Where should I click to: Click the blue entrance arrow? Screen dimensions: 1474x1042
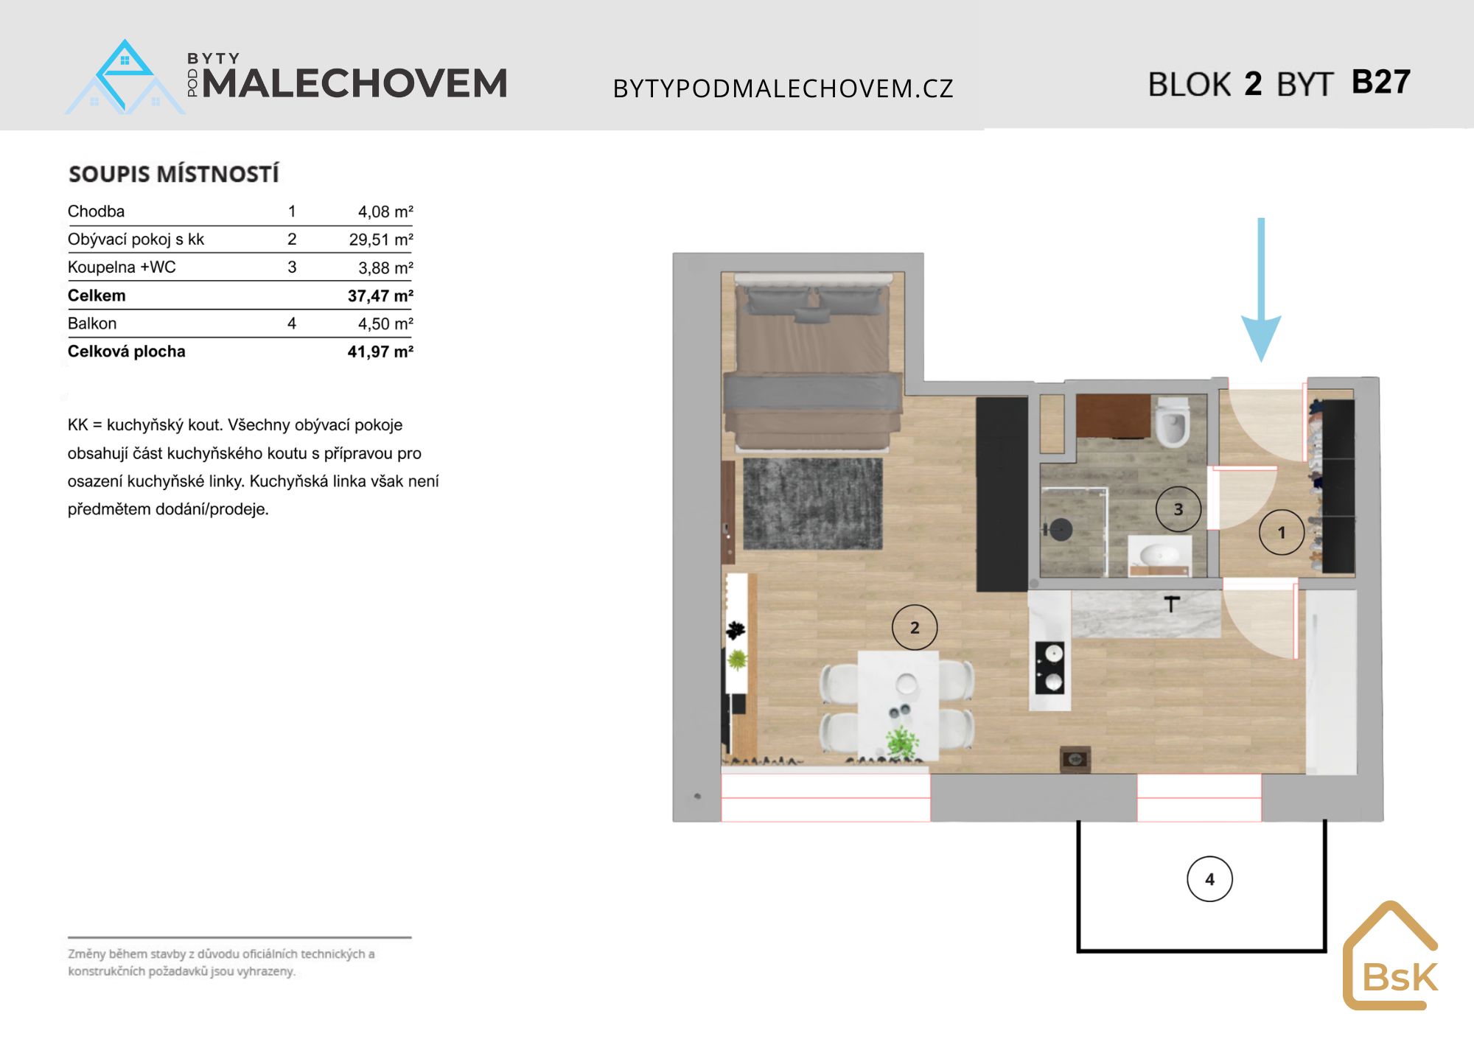[1261, 290]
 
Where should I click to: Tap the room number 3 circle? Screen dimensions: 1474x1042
[1178, 509]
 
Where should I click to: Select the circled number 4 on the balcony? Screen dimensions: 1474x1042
[1210, 879]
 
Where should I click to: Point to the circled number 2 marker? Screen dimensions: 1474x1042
[915, 628]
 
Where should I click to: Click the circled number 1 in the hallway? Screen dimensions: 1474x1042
[1282, 532]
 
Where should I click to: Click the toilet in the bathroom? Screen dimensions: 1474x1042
[1171, 422]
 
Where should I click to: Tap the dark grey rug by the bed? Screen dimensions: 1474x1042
[812, 504]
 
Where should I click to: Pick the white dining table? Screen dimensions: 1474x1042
[898, 705]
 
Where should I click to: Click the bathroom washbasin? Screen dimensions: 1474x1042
[1159, 554]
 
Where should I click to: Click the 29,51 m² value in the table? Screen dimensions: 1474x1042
[381, 239]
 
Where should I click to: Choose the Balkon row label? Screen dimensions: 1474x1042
[92, 324]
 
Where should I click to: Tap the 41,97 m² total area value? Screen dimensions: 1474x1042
[380, 352]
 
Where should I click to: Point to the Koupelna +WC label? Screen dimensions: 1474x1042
[122, 268]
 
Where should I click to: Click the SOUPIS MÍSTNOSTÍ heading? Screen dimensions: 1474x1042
[174, 174]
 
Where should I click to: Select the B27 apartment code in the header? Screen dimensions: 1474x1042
[1381, 82]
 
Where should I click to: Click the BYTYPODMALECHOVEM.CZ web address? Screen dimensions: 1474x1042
[783, 88]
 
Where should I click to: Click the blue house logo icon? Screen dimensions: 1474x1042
[125, 77]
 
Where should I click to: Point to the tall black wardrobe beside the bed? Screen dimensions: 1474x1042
[1002, 494]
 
